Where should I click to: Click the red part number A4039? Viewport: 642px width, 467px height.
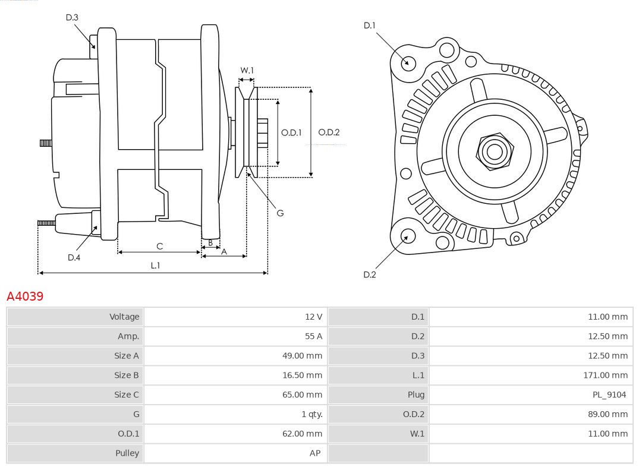pyautogui.click(x=25, y=296)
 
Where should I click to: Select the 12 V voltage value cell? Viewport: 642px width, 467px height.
pyautogui.click(x=313, y=317)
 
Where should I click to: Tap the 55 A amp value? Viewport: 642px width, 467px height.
pyautogui.click(x=313, y=336)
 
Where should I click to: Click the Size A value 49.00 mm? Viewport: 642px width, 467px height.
pyautogui.click(x=302, y=356)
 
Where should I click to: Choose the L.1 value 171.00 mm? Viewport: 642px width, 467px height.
pyautogui.click(x=605, y=375)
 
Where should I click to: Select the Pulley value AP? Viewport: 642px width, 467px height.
pyautogui.click(x=314, y=453)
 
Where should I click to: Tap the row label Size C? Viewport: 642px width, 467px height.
pyautogui.click(x=126, y=395)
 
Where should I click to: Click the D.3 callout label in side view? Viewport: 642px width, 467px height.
pyautogui.click(x=72, y=18)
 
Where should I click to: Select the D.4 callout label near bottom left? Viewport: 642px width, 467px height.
pyautogui.click(x=74, y=257)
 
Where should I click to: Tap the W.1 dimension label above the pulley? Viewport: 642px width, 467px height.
pyautogui.click(x=247, y=70)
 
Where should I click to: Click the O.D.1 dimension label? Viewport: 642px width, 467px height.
pyautogui.click(x=291, y=132)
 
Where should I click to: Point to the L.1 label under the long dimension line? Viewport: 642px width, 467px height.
pyautogui.click(x=155, y=266)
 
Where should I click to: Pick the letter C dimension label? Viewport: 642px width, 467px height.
pyautogui.click(x=159, y=246)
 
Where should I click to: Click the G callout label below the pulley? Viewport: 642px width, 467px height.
pyautogui.click(x=280, y=213)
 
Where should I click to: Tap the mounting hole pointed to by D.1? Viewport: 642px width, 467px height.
pyautogui.click(x=408, y=62)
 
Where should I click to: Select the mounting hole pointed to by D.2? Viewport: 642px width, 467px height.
pyautogui.click(x=407, y=236)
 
